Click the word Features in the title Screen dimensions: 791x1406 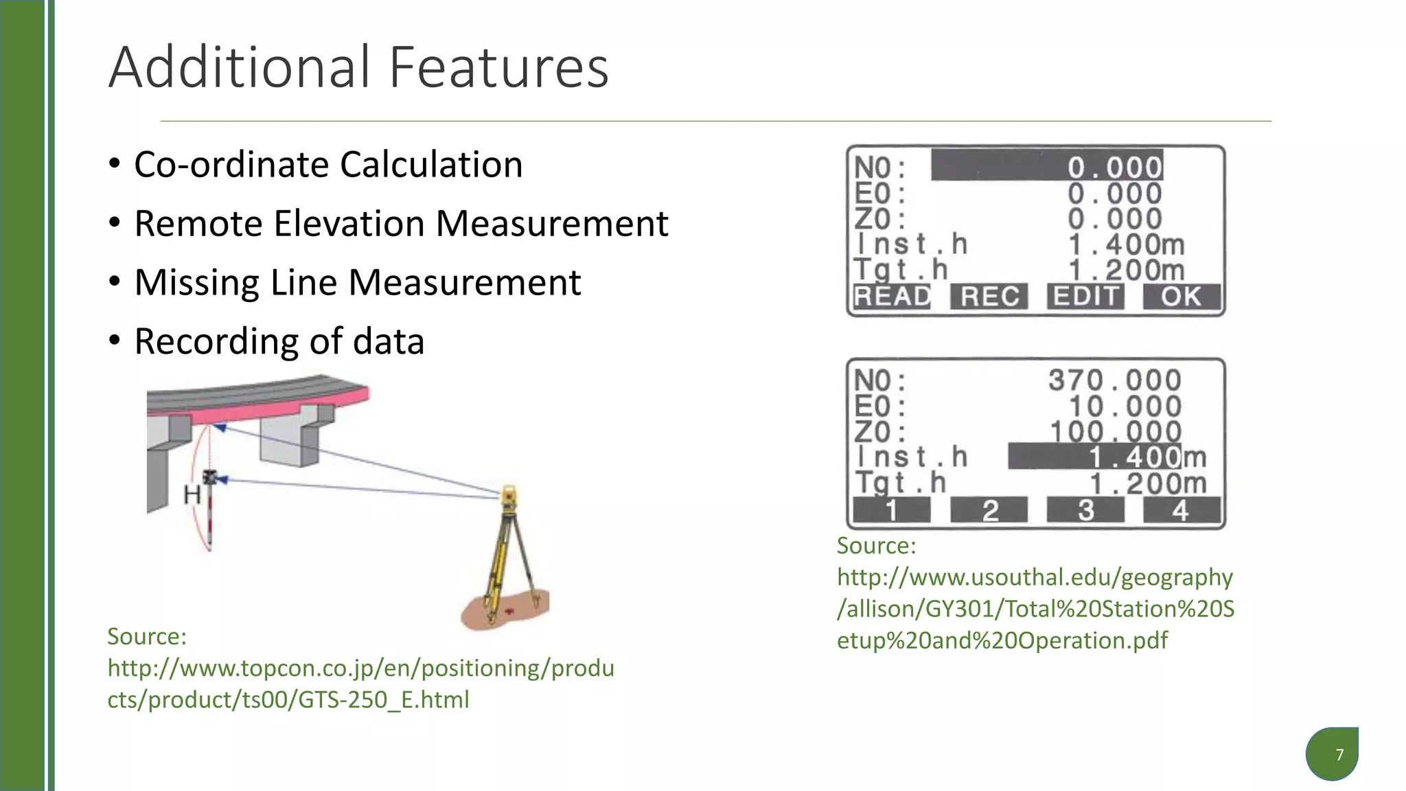point(499,67)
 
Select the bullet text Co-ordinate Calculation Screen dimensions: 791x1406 point(328,165)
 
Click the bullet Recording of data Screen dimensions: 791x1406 point(279,341)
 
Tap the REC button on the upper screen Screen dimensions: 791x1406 point(989,297)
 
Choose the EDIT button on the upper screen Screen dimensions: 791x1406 point(1085,297)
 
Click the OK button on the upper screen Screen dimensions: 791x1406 point(1181,297)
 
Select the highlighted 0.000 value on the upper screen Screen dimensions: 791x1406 point(1114,167)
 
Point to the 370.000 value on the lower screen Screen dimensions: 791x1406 point(1114,380)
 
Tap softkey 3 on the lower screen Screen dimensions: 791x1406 point(1085,510)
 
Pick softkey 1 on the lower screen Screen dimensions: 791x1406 point(891,510)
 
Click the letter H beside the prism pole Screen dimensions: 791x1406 point(192,494)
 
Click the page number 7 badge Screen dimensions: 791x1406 point(1339,755)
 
